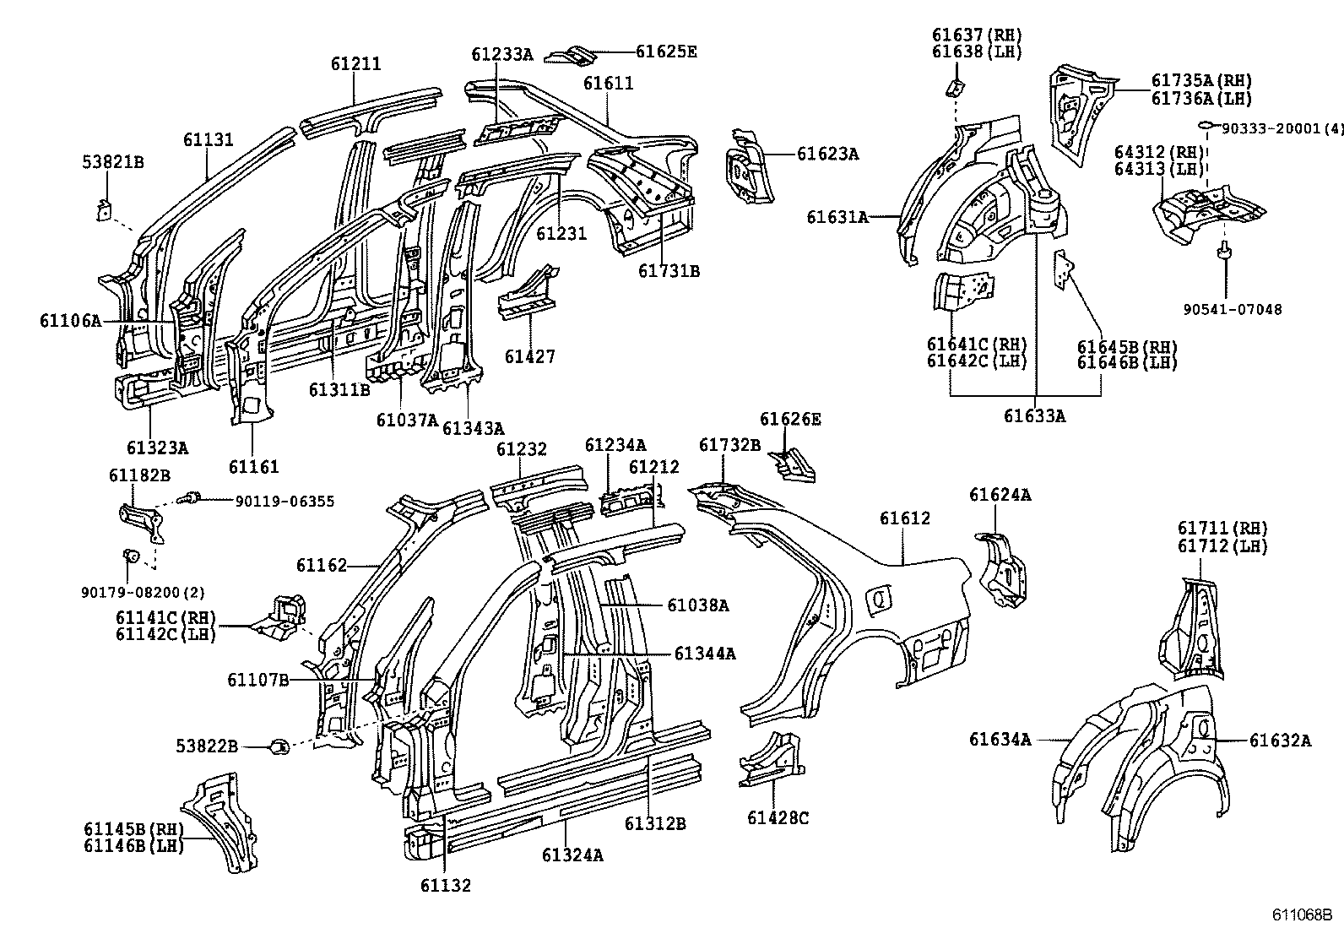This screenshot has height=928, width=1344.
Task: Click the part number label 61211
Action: coord(355,64)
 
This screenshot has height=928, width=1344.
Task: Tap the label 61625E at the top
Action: coord(666,52)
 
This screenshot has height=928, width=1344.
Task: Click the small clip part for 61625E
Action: coord(571,55)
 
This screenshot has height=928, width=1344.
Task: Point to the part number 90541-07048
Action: coord(1232,310)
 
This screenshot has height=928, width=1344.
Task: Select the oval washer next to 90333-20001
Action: coord(1206,127)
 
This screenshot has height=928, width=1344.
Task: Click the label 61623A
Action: coord(827,154)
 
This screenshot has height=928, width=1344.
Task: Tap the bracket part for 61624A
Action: coord(1002,570)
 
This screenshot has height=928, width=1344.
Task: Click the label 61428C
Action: coord(778,818)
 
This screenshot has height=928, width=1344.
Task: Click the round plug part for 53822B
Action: coord(279,746)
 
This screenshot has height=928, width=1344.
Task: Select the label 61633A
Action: coord(1034,415)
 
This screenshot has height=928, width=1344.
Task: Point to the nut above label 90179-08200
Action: coord(131,556)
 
